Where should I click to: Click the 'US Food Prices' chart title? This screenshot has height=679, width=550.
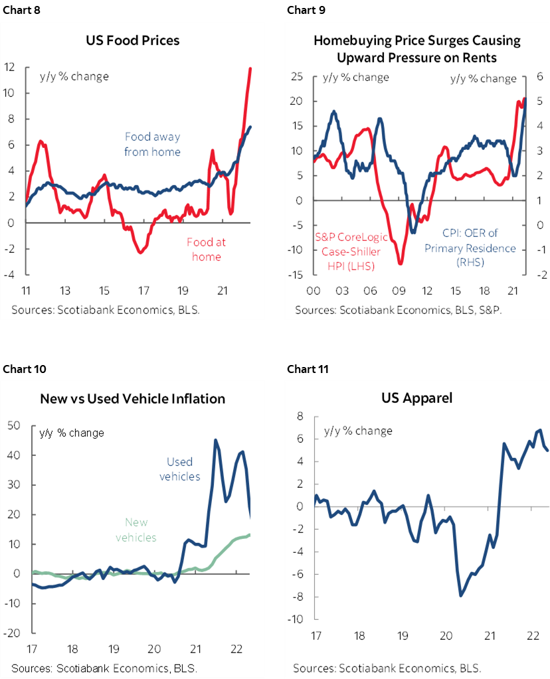(x=133, y=40)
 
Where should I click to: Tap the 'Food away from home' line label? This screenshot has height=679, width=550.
(x=153, y=144)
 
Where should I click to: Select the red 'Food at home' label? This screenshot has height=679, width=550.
(x=207, y=250)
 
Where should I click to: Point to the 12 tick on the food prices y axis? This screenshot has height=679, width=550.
(x=9, y=67)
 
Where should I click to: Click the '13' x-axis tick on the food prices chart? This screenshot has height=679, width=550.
(x=65, y=291)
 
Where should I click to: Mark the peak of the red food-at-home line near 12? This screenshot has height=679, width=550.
(x=250, y=68)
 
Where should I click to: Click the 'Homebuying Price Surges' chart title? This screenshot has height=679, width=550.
(x=416, y=49)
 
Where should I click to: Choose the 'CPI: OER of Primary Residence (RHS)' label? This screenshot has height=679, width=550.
(x=470, y=248)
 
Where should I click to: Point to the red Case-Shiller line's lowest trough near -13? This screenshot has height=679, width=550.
(x=401, y=264)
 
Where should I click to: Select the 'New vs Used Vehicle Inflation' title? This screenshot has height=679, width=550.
(x=133, y=398)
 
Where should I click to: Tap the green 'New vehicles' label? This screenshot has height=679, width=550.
(x=137, y=530)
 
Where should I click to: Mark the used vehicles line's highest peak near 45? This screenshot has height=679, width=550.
(x=215, y=440)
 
